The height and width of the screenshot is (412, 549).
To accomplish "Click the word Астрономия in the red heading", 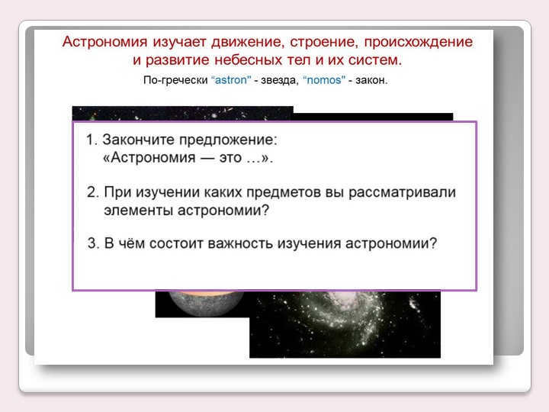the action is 104,42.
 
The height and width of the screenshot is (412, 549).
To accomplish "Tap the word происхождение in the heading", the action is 419,42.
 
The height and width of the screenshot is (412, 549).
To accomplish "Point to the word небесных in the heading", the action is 248,60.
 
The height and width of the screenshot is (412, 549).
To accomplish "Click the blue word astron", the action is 231,80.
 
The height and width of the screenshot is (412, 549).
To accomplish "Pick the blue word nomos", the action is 324,80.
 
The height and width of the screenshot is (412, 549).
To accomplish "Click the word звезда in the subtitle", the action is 279,81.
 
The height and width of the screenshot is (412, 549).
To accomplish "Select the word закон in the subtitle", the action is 371,81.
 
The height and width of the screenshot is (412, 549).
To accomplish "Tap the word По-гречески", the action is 176,81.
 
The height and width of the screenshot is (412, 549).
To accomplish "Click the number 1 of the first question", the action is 90,140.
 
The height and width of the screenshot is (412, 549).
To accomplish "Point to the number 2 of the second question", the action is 92,192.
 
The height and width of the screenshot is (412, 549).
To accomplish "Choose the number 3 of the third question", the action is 92,243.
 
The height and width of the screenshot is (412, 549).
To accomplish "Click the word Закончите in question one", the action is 138,140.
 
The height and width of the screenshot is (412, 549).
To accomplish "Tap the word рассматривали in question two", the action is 403,192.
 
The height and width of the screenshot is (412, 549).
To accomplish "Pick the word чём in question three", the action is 131,243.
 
